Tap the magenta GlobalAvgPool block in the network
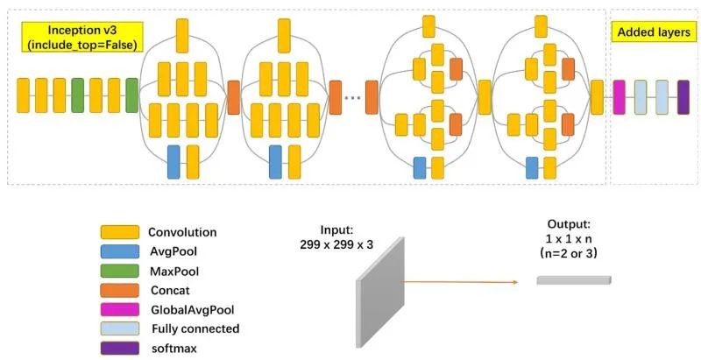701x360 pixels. click(620, 96)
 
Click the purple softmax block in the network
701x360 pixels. click(683, 96)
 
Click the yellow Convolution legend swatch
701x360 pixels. click(119, 232)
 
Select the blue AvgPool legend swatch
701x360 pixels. click(119, 251)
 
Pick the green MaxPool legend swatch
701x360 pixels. click(119, 271)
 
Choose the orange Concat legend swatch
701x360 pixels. click(119, 290)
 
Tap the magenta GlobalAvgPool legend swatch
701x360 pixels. click(119, 309)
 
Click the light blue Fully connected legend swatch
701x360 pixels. click(119, 328)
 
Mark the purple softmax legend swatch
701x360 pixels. click(119, 348)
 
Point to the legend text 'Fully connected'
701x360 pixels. click(195, 328)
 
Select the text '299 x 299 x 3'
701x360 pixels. click(335, 244)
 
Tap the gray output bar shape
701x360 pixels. click(574, 280)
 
